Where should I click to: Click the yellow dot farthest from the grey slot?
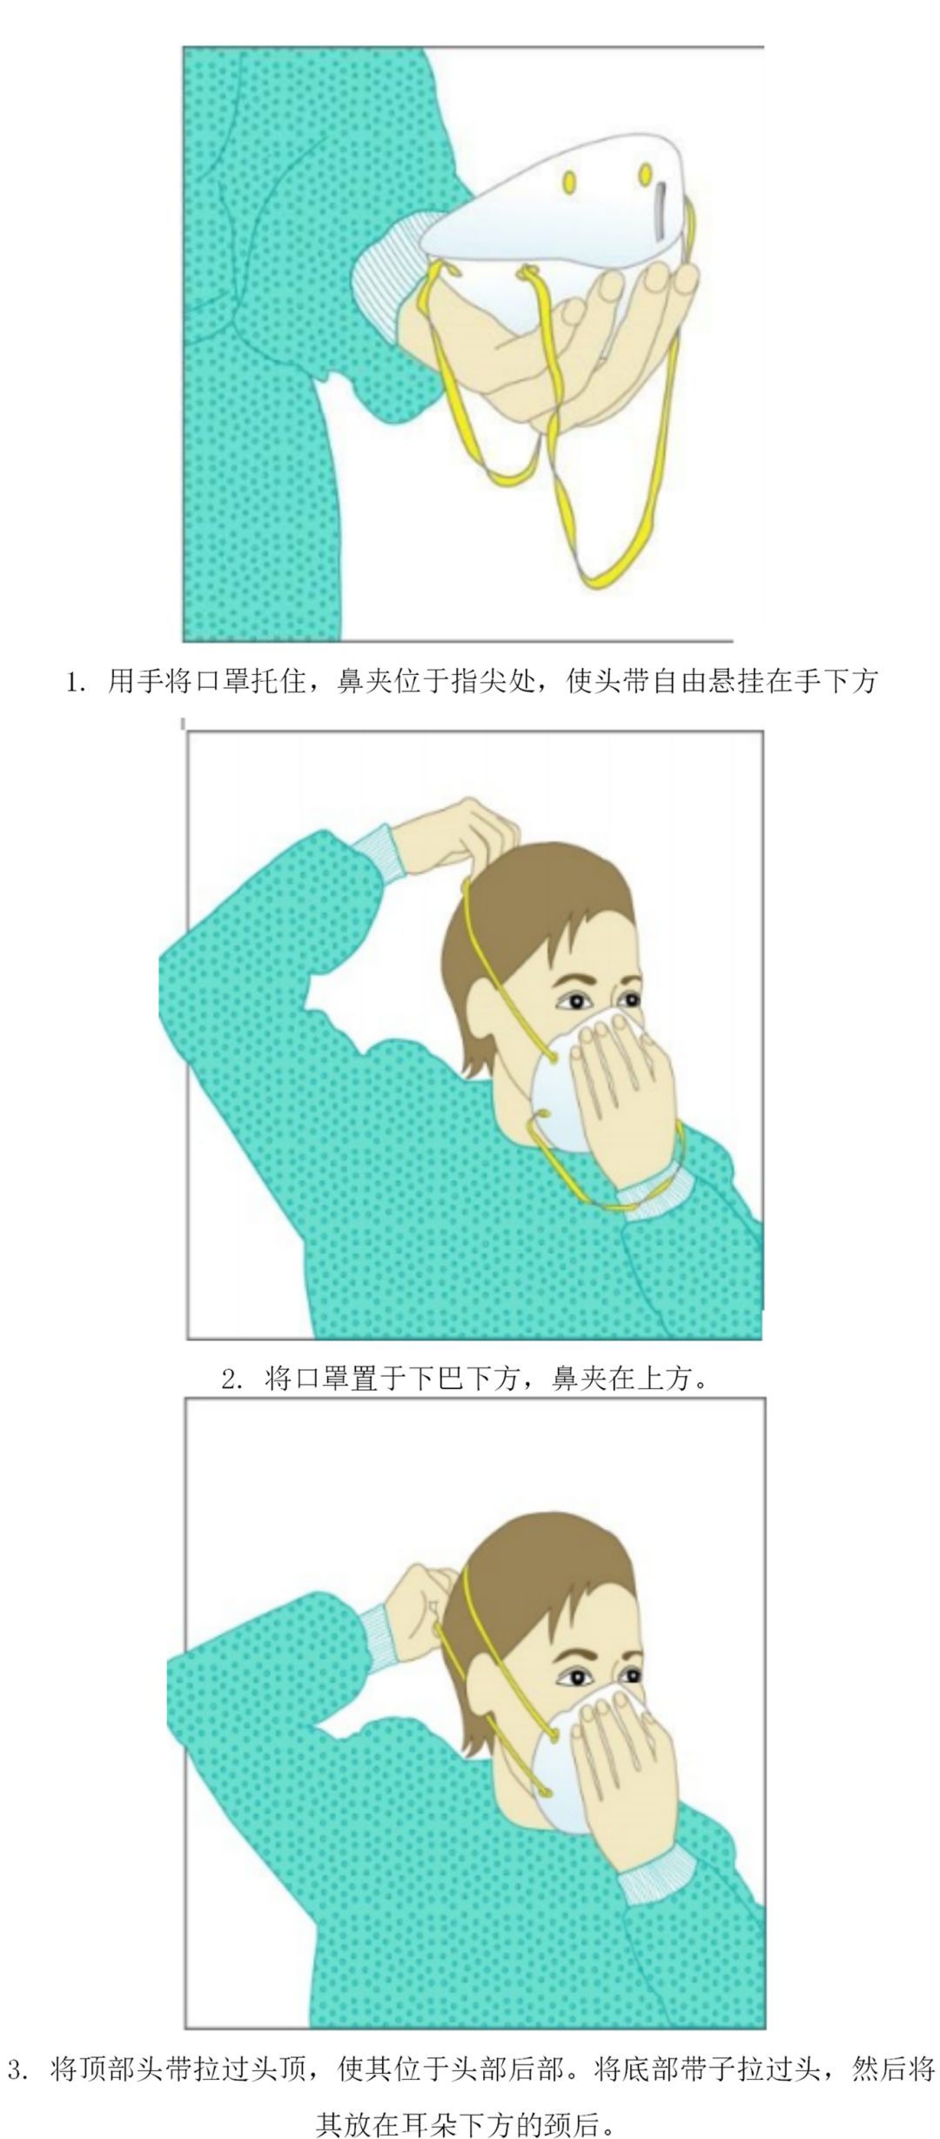click(x=569, y=181)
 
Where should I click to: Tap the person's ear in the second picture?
click(x=484, y=1013)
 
